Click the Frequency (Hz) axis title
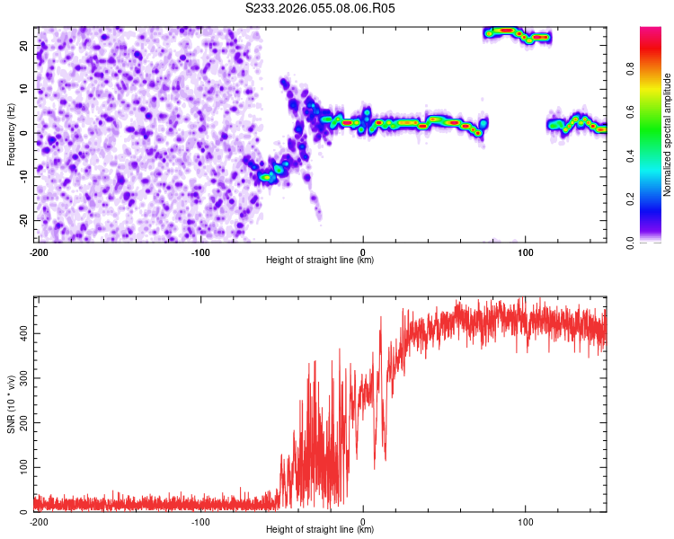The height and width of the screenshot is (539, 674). point(12,132)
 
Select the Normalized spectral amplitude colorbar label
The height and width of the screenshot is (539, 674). point(668,135)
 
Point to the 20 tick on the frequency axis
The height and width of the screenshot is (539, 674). point(23,45)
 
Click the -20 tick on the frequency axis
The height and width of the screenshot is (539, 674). point(22,220)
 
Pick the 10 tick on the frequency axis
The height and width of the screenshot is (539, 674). point(23,89)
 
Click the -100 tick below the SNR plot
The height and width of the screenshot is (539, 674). point(200,522)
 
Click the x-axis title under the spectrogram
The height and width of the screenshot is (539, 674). point(320,261)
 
